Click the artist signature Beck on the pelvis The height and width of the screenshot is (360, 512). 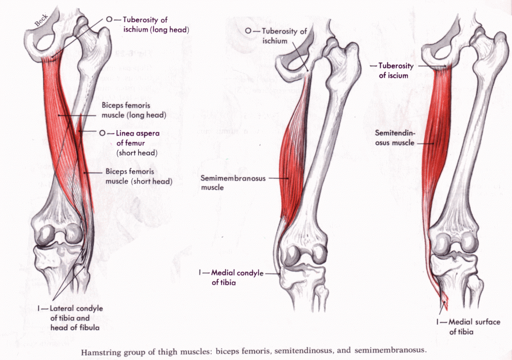(41, 20)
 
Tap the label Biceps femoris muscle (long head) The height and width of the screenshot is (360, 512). (134, 110)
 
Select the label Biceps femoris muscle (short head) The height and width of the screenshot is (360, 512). (139, 176)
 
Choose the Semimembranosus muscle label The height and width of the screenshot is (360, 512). (233, 182)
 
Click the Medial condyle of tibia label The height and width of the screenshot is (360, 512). (237, 277)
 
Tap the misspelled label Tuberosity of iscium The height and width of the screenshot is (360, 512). (396, 70)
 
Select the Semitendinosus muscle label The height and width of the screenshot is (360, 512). (395, 138)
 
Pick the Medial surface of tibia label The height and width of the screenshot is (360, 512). (474, 326)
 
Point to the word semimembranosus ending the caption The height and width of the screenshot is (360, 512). (390, 350)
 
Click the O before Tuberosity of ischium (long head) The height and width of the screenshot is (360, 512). (109, 19)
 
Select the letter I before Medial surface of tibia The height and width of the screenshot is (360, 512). (438, 322)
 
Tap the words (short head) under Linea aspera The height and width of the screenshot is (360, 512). (137, 153)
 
